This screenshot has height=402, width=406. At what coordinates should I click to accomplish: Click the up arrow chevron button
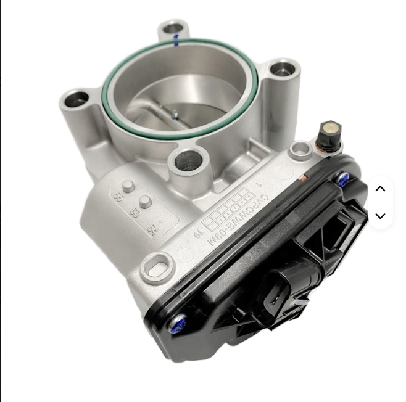[380, 189]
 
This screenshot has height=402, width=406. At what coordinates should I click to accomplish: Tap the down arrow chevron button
[380, 216]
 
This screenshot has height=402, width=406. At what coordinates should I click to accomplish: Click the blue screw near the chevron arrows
[343, 179]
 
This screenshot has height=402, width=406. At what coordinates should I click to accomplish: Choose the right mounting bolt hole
[283, 68]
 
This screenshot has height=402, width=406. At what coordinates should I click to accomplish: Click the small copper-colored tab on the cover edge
[302, 178]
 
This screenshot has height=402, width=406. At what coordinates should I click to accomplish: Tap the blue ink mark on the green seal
[176, 42]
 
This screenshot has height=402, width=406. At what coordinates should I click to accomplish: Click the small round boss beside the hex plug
[299, 148]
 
